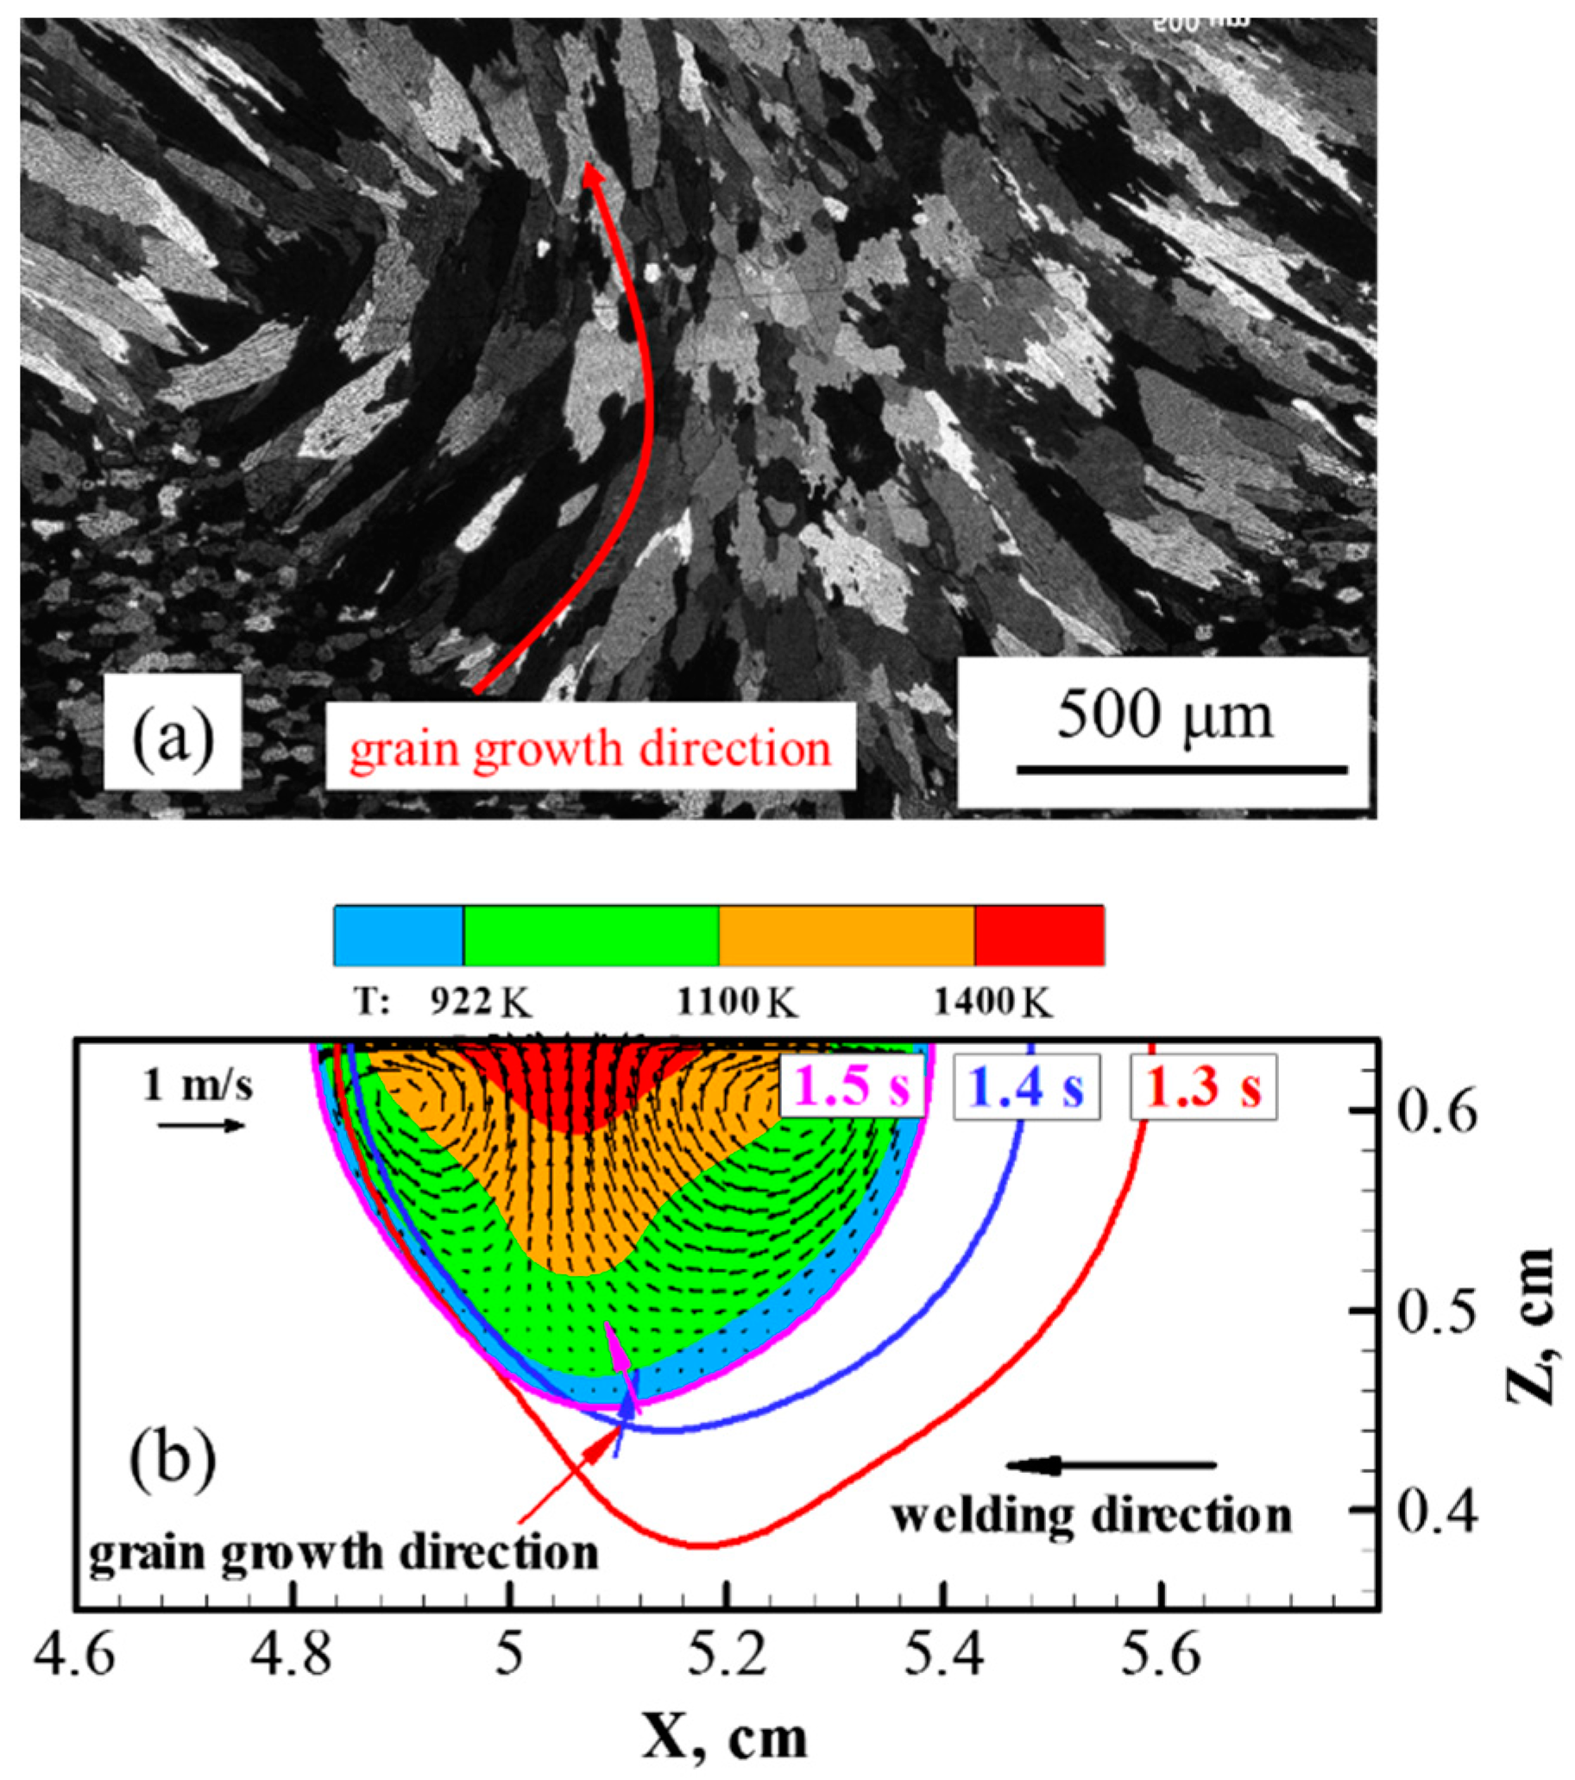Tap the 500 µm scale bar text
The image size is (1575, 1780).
1165,716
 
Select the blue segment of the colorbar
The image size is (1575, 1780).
398,935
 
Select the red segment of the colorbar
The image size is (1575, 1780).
1038,935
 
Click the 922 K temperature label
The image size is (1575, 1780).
479,1004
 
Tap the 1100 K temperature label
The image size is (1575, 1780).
737,1004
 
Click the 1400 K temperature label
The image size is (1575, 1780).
993,1004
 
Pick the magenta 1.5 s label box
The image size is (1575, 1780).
851,1086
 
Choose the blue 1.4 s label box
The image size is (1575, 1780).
1026,1086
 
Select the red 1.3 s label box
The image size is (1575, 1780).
1203,1086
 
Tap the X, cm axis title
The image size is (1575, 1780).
725,1716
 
